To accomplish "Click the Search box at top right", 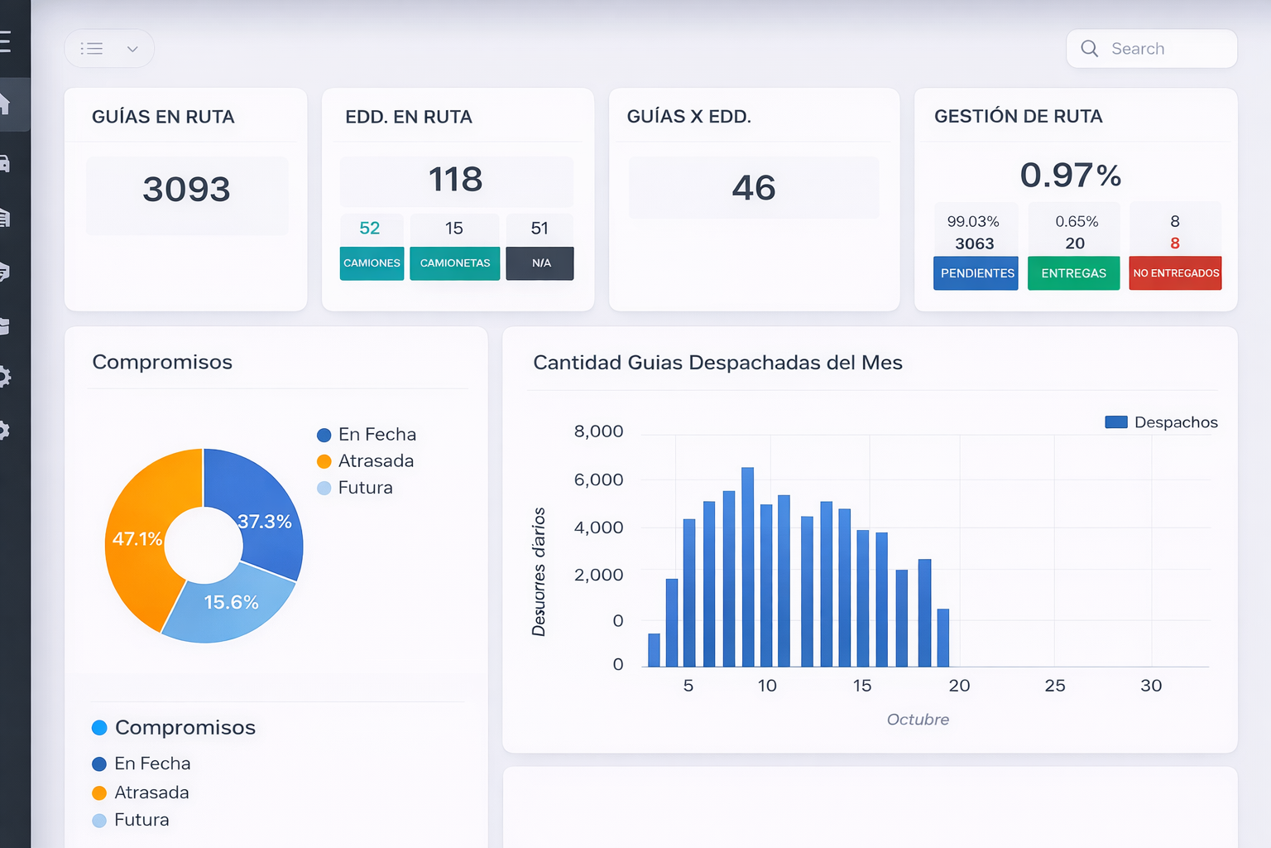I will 1151,49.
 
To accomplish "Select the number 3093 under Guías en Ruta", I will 186,190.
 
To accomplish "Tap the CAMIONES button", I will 372,263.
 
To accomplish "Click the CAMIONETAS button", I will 454,263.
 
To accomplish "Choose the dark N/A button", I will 540,263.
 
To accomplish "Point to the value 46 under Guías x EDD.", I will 753,188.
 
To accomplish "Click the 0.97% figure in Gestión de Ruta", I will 1070,176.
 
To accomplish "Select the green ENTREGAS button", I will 1073,273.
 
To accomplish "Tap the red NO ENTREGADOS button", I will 1175,273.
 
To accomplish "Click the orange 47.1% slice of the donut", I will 137,539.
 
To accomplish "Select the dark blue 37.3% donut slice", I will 264,522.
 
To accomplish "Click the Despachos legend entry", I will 1162,422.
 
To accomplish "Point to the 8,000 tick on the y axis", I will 598,431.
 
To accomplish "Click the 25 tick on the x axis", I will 1054,686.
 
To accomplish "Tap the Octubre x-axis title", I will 918,720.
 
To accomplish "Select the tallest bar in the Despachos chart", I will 748,567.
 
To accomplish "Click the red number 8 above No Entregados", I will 1174,243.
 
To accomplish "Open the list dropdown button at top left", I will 109,49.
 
